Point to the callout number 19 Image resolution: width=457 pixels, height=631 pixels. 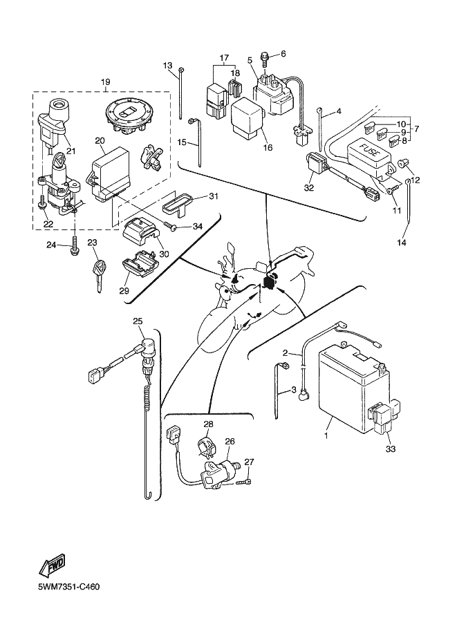(106, 83)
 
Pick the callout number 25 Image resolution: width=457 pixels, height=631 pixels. (137, 321)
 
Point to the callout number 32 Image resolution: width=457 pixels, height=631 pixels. (310, 187)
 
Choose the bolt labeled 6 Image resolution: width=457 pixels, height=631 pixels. (265, 55)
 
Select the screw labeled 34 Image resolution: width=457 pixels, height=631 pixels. (171, 225)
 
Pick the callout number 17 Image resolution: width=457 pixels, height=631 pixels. (223, 57)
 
